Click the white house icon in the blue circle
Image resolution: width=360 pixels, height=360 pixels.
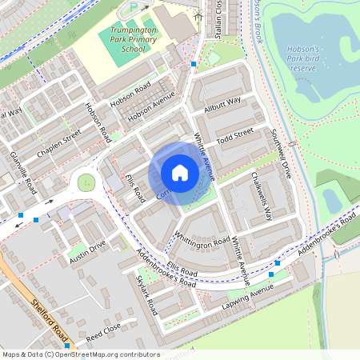click(180, 172)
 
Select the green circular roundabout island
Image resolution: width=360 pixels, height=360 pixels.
click(86, 183)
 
